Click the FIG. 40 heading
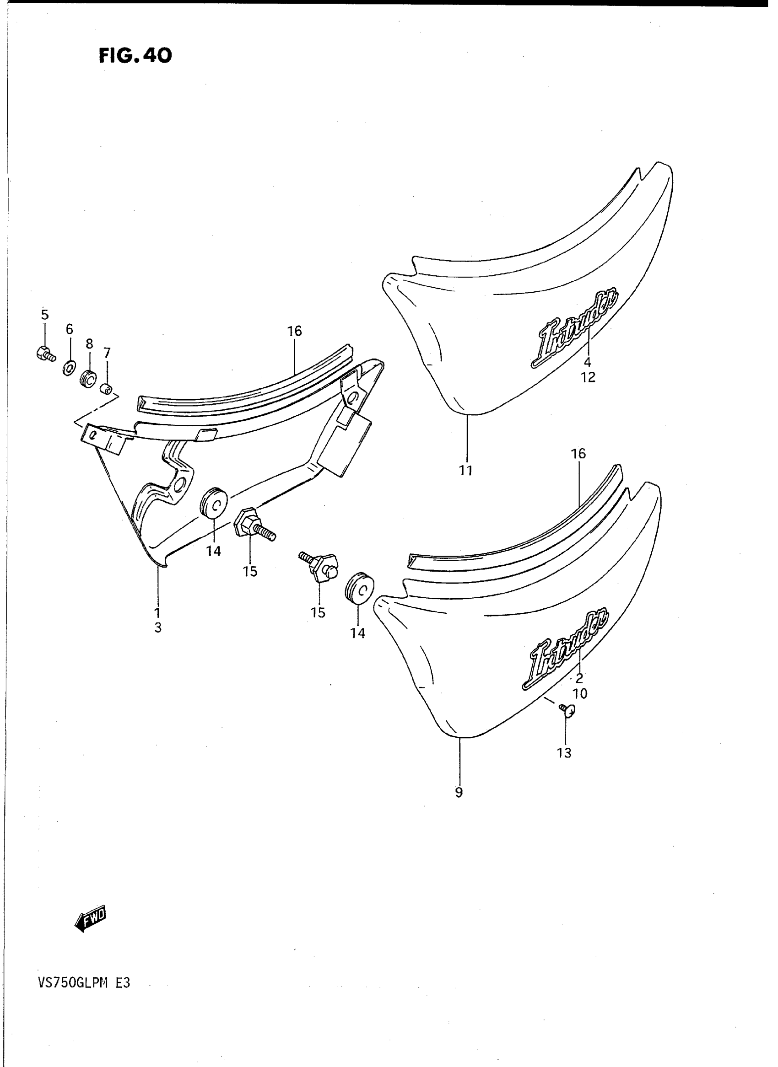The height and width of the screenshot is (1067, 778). pyautogui.click(x=135, y=56)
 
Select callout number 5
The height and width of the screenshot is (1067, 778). pyautogui.click(x=45, y=314)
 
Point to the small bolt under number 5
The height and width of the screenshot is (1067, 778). pyautogui.click(x=45, y=353)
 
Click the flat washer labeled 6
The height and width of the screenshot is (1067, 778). pyautogui.click(x=69, y=367)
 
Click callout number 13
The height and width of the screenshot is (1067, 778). pyautogui.click(x=564, y=753)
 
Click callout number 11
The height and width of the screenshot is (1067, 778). pyautogui.click(x=466, y=470)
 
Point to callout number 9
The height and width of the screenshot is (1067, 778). pyautogui.click(x=459, y=792)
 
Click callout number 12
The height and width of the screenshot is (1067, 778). pyautogui.click(x=588, y=377)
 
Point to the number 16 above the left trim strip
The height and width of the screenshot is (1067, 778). pyautogui.click(x=295, y=331)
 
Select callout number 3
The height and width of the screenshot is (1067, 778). pyautogui.click(x=158, y=627)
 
